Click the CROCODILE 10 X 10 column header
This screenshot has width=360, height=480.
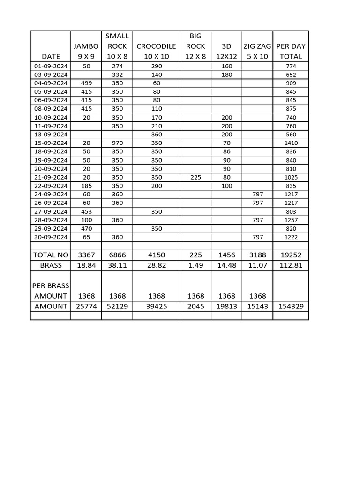coord(156,51)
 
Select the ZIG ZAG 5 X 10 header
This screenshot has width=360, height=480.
coord(257,51)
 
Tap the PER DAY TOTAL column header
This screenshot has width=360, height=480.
coord(291,51)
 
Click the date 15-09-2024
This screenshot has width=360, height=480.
coord(51,143)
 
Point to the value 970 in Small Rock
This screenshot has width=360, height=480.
coord(117,143)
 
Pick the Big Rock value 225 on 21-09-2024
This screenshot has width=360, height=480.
coord(195,177)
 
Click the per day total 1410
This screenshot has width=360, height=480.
coord(291,143)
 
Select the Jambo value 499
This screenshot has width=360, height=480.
coord(86,83)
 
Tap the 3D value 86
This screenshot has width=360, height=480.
coord(226,152)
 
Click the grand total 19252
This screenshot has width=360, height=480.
coord(291,255)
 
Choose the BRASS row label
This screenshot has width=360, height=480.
coord(51,265)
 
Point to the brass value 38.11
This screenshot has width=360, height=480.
coord(117,265)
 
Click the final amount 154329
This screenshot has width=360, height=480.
coord(291,306)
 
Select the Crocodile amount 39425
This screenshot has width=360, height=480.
coord(156,306)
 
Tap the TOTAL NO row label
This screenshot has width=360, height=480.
coord(51,255)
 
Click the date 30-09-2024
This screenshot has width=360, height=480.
coord(51,237)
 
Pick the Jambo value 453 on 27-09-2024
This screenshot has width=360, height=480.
coord(86,211)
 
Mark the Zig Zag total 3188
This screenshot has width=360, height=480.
coord(257,255)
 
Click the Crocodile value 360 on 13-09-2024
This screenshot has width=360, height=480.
coord(156,135)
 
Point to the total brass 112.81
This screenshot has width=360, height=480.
coord(291,265)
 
